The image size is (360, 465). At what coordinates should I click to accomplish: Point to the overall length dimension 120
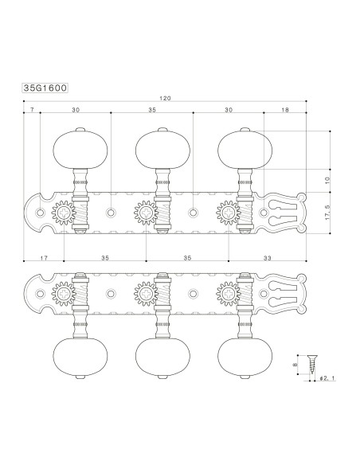pyautogui.click(x=166, y=99)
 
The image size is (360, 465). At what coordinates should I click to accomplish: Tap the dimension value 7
pyautogui.click(x=33, y=111)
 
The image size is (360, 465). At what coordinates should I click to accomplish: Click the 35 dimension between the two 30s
pyautogui.click(x=152, y=111)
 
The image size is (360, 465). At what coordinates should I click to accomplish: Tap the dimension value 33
pyautogui.click(x=267, y=259)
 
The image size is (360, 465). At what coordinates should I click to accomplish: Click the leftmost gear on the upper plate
pyautogui.click(x=63, y=213)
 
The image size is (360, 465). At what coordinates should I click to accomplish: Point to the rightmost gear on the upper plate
pyautogui.click(x=228, y=213)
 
